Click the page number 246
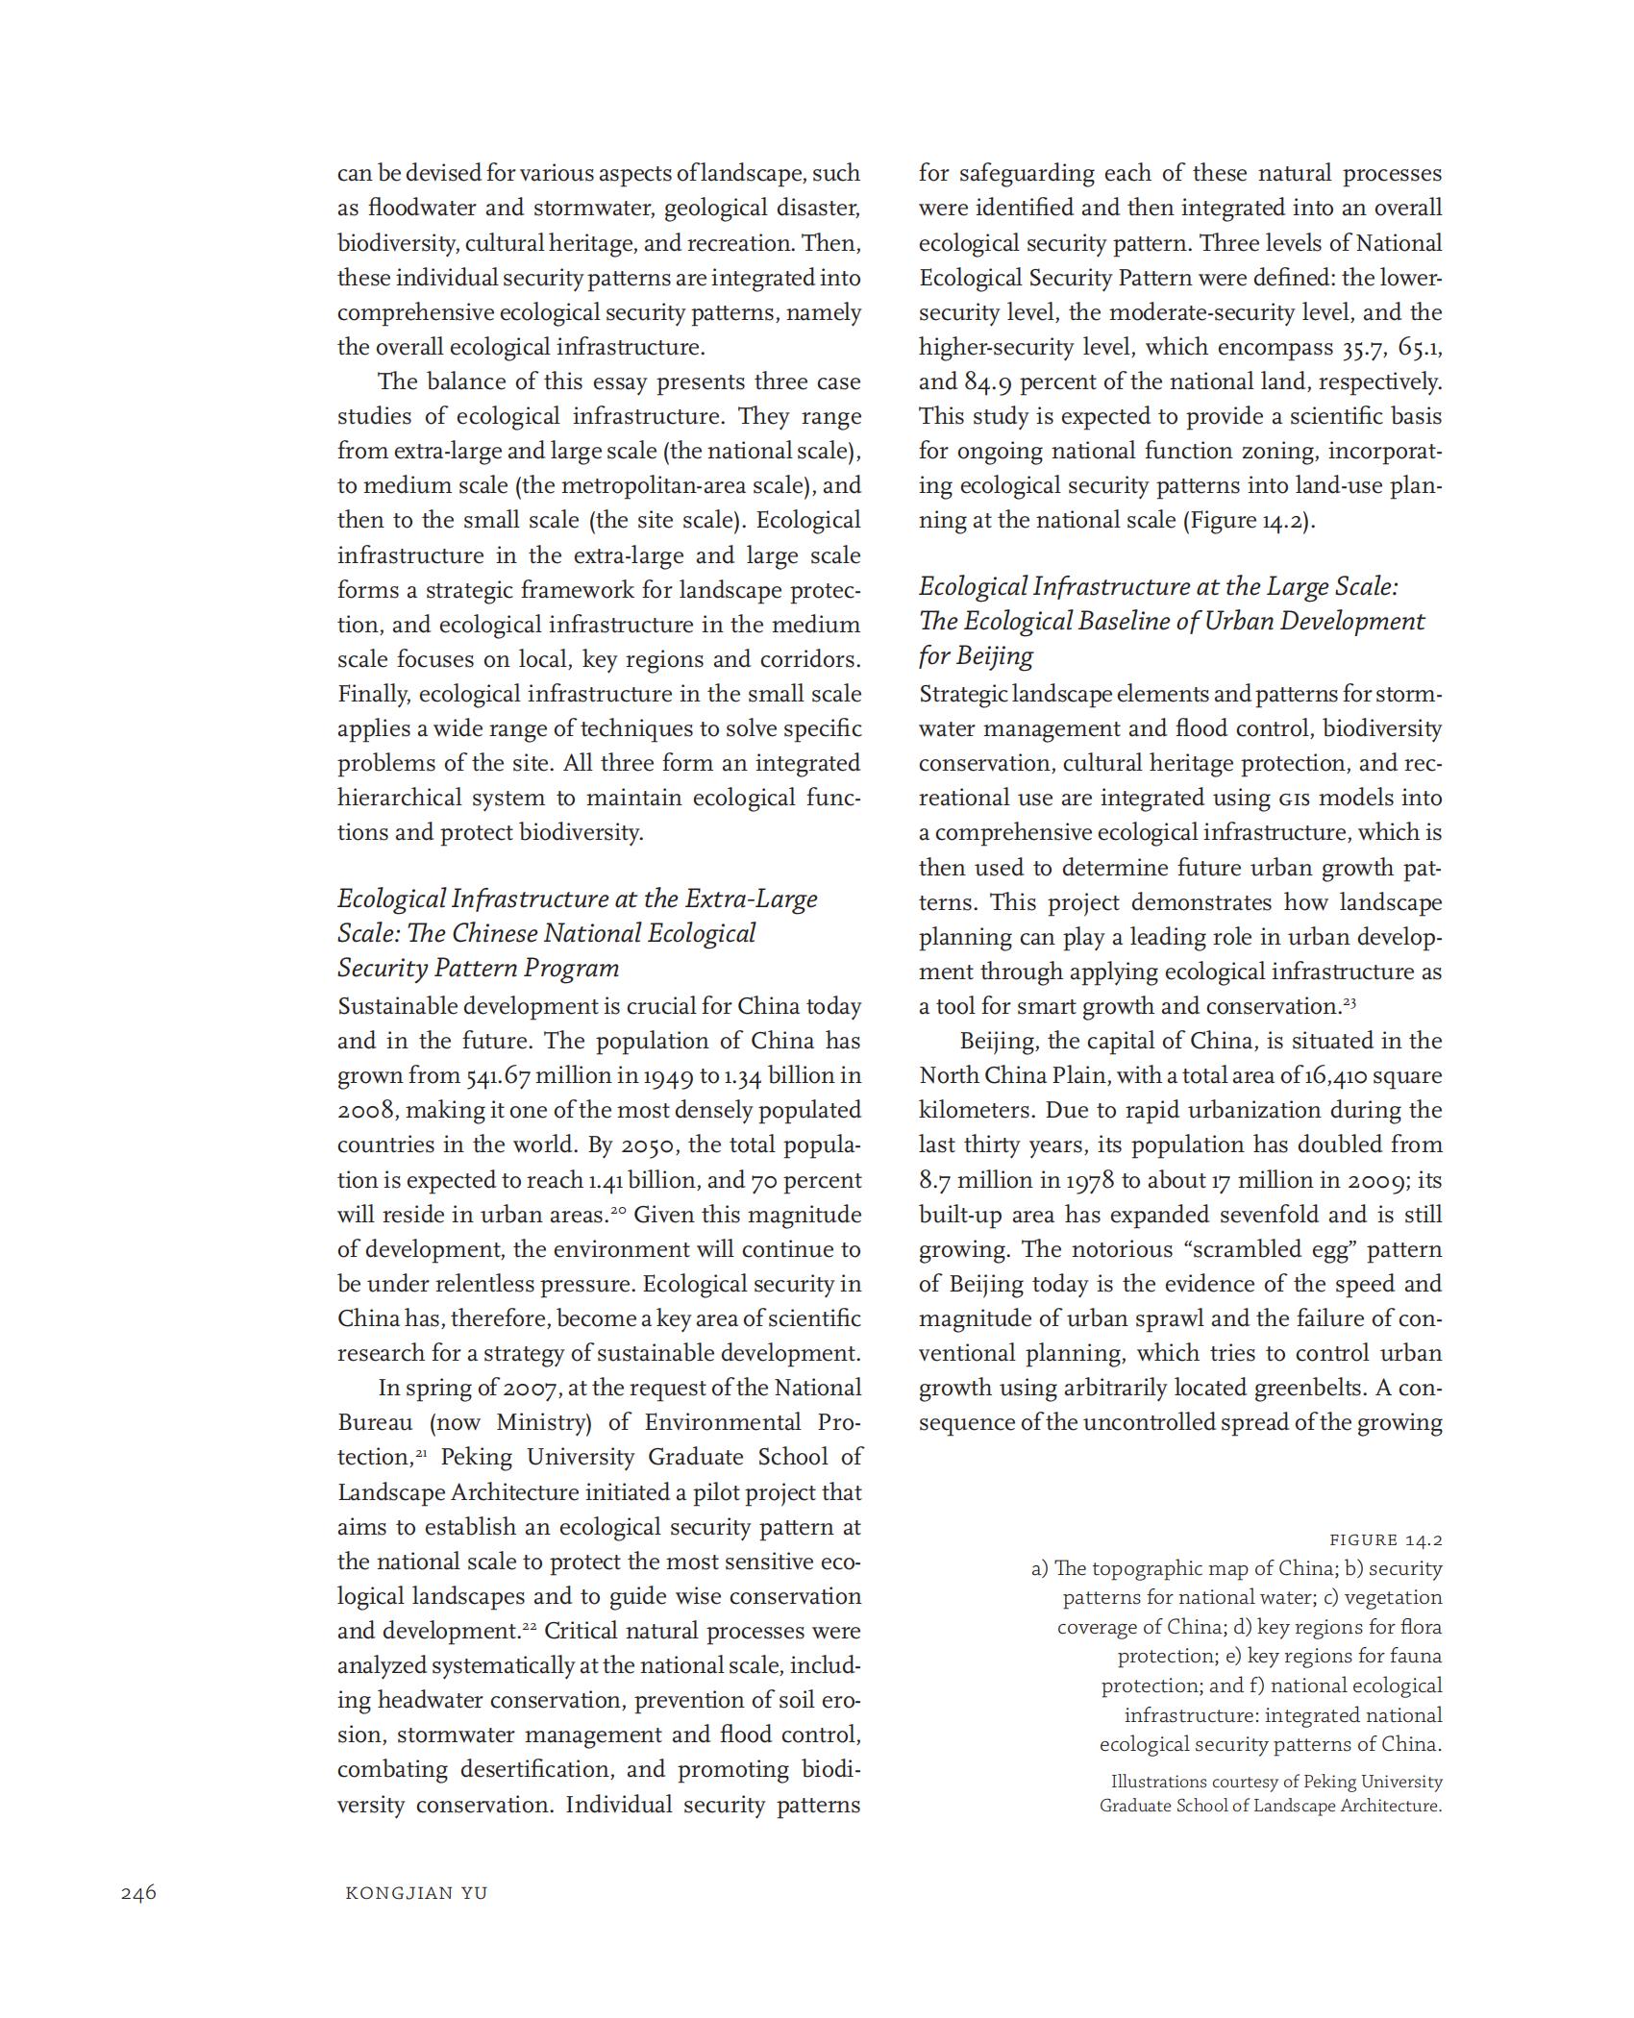[138, 1893]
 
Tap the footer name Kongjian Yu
[416, 1894]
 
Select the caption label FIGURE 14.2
[1386, 1540]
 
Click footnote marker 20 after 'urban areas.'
[621, 1211]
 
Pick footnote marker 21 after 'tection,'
[421, 1453]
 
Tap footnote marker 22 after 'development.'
[531, 1626]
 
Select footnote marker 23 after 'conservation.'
[1349, 1002]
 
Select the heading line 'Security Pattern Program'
[478, 968]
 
